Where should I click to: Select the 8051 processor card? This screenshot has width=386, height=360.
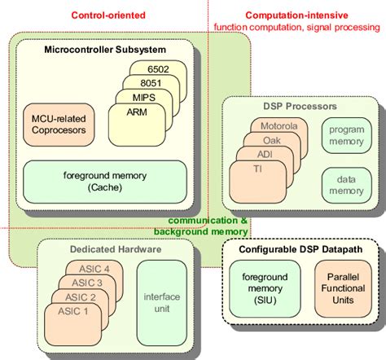pyautogui.click(x=151, y=85)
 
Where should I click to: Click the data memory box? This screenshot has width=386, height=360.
pyautogui.click(x=344, y=184)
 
